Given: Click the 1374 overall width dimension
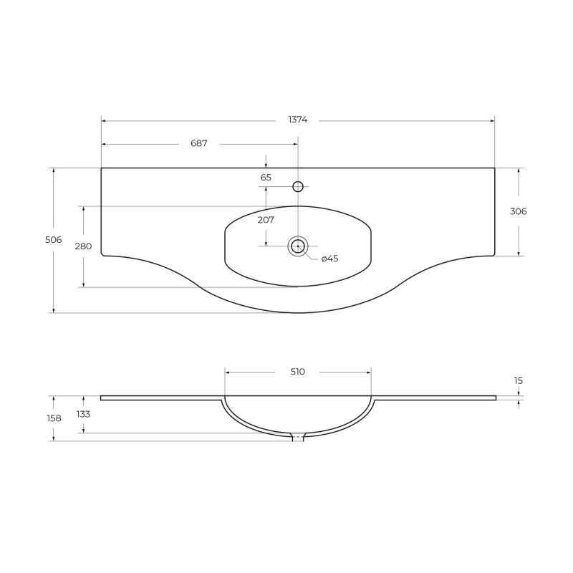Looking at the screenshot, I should point(298,120).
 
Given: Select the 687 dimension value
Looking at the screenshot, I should point(198,143).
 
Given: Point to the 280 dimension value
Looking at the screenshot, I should point(83,246).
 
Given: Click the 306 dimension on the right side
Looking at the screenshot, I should point(519,211).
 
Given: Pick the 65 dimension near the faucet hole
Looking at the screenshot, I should point(266,177).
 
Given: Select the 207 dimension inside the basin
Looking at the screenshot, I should point(266,220).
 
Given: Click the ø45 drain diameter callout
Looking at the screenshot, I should point(329,259).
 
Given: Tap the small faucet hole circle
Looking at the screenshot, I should point(298,187).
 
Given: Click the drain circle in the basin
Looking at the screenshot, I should point(298,246).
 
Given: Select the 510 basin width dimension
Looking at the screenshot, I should point(298,371).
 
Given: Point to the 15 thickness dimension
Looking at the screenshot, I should point(519,381).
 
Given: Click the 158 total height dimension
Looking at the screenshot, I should point(53,418).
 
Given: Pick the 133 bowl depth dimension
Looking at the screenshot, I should point(83,414).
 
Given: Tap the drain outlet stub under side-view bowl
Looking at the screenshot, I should point(298,438).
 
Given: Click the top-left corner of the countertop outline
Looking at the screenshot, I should point(101,168).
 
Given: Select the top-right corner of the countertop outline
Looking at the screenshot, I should point(495,168).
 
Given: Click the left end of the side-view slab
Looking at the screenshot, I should point(102,398).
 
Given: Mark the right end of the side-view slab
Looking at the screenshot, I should point(495,398).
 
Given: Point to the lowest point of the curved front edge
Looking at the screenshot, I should point(298,313).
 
